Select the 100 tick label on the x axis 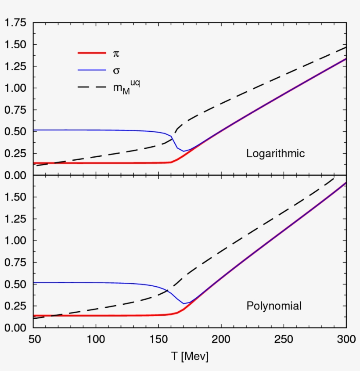pyautogui.click(x=96, y=339)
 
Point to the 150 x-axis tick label pyautogui.click(x=158, y=339)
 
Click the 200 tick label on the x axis pyautogui.click(x=221, y=339)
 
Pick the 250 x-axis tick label pyautogui.click(x=284, y=339)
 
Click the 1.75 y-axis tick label pyautogui.click(x=15, y=23)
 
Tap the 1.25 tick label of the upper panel pyautogui.click(x=15, y=66)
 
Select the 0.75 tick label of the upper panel pyautogui.click(x=15, y=110)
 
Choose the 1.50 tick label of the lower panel pyautogui.click(x=15, y=197)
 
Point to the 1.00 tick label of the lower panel pyautogui.click(x=15, y=241)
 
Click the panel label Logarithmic pyautogui.click(x=275, y=154)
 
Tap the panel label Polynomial pyautogui.click(x=274, y=306)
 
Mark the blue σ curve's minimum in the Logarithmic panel pyautogui.click(x=184, y=151)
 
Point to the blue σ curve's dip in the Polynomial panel pyautogui.click(x=184, y=303)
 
